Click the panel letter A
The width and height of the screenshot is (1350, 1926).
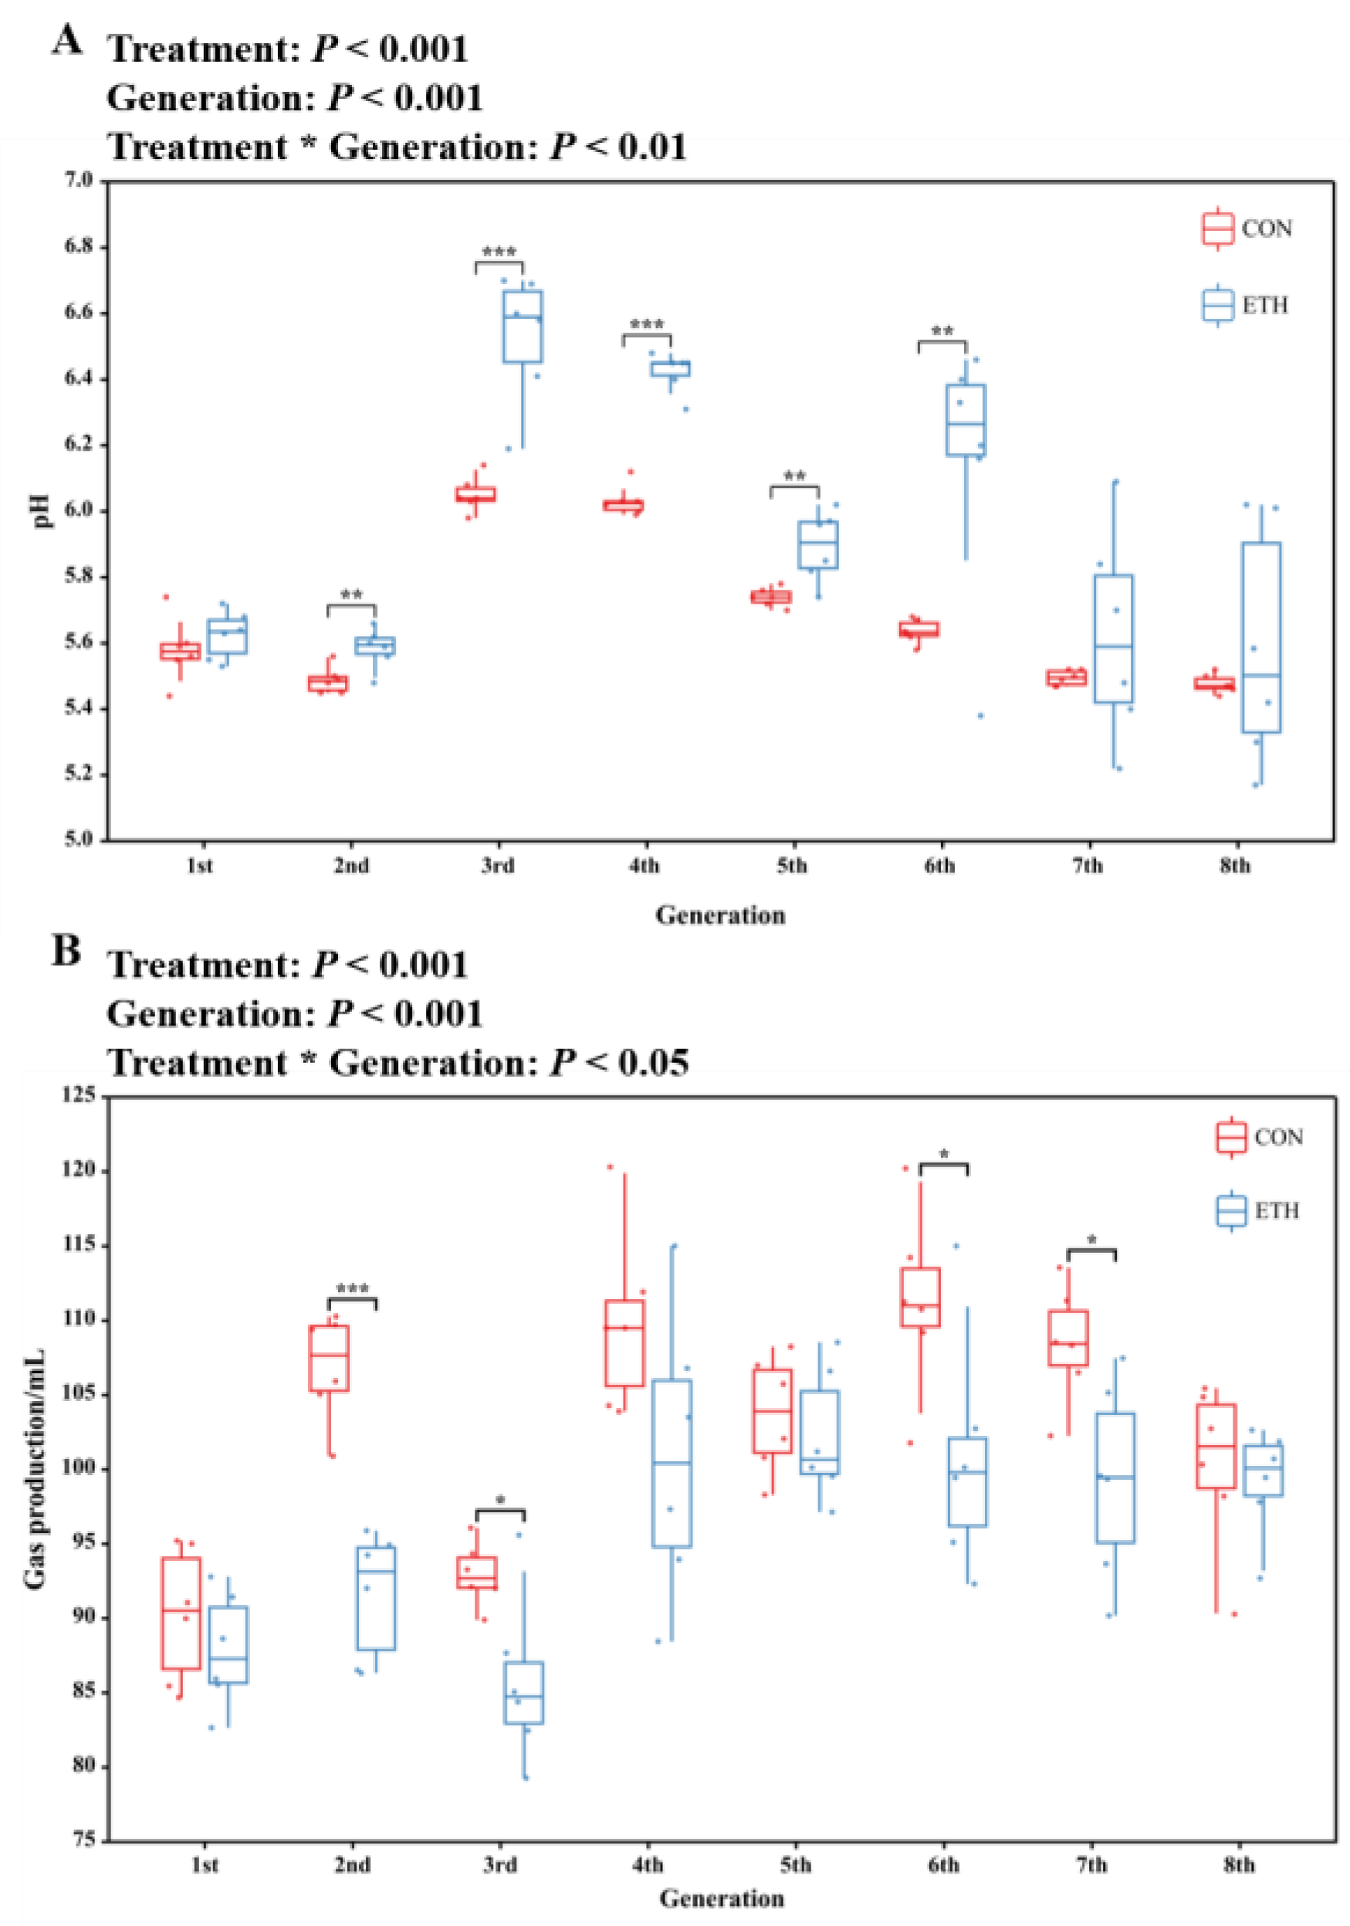[67, 39]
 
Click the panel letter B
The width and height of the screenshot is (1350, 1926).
[66, 951]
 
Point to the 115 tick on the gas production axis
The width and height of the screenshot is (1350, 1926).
[80, 1246]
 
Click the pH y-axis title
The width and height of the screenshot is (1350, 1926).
[42, 510]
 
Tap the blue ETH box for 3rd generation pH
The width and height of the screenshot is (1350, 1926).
[523, 327]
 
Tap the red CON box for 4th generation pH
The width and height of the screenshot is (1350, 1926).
[623, 505]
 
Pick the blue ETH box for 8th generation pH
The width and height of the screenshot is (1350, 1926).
[1260, 638]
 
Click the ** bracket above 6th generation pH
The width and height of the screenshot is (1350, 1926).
[942, 342]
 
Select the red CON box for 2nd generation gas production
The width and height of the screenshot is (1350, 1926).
[330, 1357]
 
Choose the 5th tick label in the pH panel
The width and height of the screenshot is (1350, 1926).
[790, 865]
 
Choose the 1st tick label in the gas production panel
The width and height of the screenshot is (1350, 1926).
[205, 1865]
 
